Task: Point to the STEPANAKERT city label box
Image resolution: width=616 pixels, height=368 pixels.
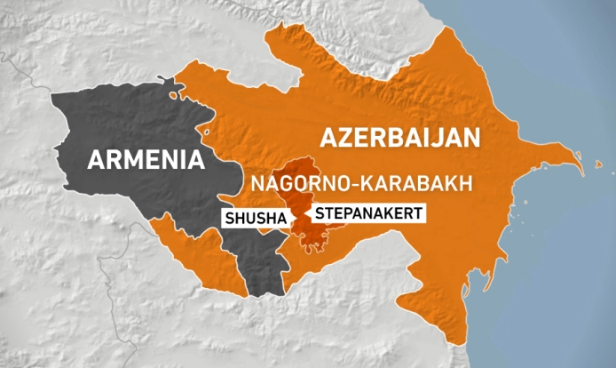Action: [366, 213]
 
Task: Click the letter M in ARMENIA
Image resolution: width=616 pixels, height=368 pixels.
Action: [128, 160]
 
